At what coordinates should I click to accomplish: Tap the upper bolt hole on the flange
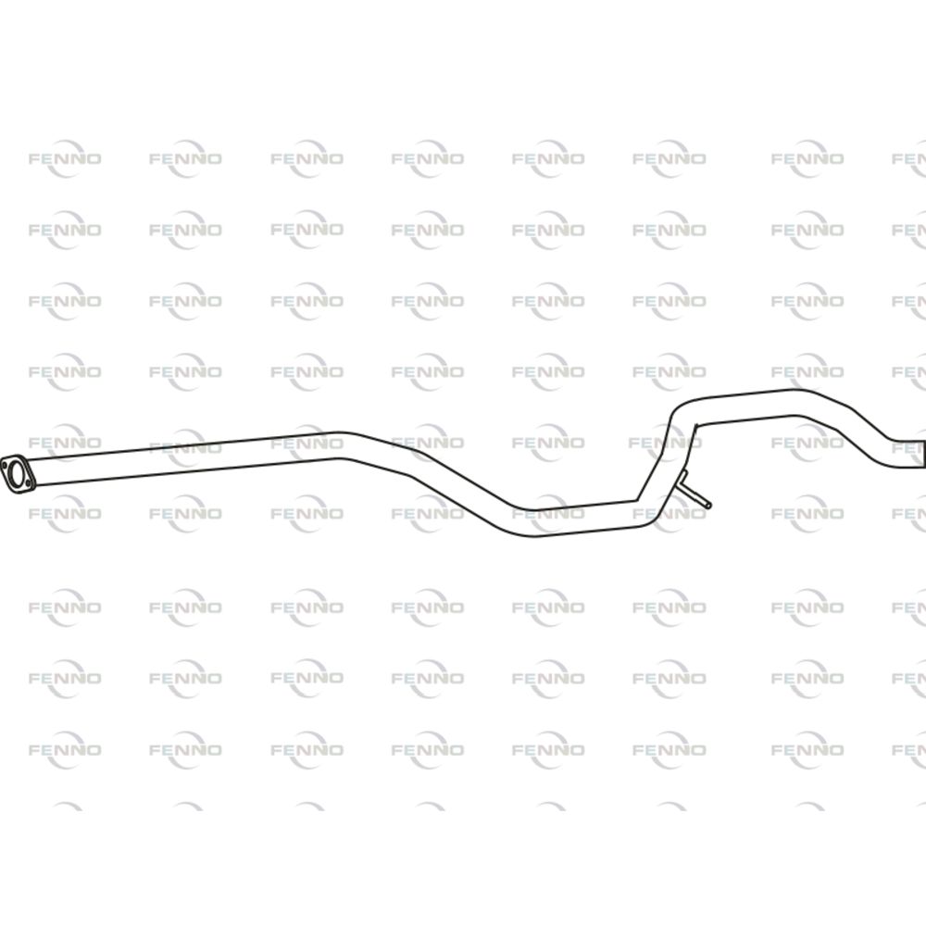(x=6, y=464)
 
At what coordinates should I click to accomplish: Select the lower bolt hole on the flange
(x=28, y=483)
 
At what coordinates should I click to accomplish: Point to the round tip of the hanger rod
(x=708, y=505)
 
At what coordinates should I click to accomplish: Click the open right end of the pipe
(x=922, y=454)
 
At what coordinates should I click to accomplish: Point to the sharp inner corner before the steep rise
(x=637, y=501)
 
